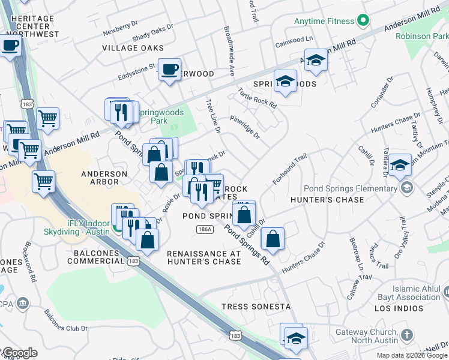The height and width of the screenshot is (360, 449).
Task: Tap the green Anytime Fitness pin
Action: pyautogui.click(x=362, y=22)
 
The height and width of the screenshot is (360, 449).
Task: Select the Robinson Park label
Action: pyautogui.click(x=422, y=36)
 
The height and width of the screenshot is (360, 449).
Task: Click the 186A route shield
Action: pyautogui.click(x=204, y=230)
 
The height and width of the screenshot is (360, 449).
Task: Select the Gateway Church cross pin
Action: pyautogui.click(x=407, y=335)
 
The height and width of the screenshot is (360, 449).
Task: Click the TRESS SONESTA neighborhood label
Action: pyautogui.click(x=256, y=307)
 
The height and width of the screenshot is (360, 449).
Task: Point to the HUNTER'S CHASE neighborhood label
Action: pyautogui.click(x=327, y=200)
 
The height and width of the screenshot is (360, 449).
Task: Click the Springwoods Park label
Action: pyautogui.click(x=151, y=116)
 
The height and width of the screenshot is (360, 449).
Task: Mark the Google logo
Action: pyautogui.click(x=19, y=353)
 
